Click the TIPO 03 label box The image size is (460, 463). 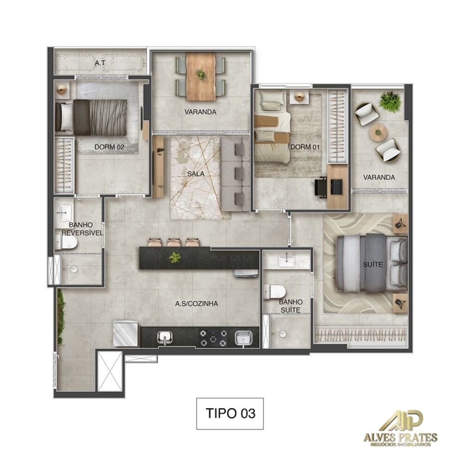pyautogui.click(x=230, y=413)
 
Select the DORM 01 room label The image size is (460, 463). pyautogui.click(x=302, y=147)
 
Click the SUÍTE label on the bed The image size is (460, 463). pyautogui.click(x=373, y=264)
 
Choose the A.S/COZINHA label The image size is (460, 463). pyautogui.click(x=197, y=304)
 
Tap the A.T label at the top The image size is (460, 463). pyautogui.click(x=98, y=62)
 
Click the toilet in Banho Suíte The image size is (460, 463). pyautogui.click(x=276, y=292)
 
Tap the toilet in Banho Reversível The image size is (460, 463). pyautogui.click(x=66, y=242)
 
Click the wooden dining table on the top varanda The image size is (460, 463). pyautogui.click(x=200, y=76)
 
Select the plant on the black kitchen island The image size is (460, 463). pyautogui.click(x=174, y=257)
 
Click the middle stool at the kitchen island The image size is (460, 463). pyautogui.click(x=174, y=242)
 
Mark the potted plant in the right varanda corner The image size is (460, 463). pyautogui.click(x=390, y=101)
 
